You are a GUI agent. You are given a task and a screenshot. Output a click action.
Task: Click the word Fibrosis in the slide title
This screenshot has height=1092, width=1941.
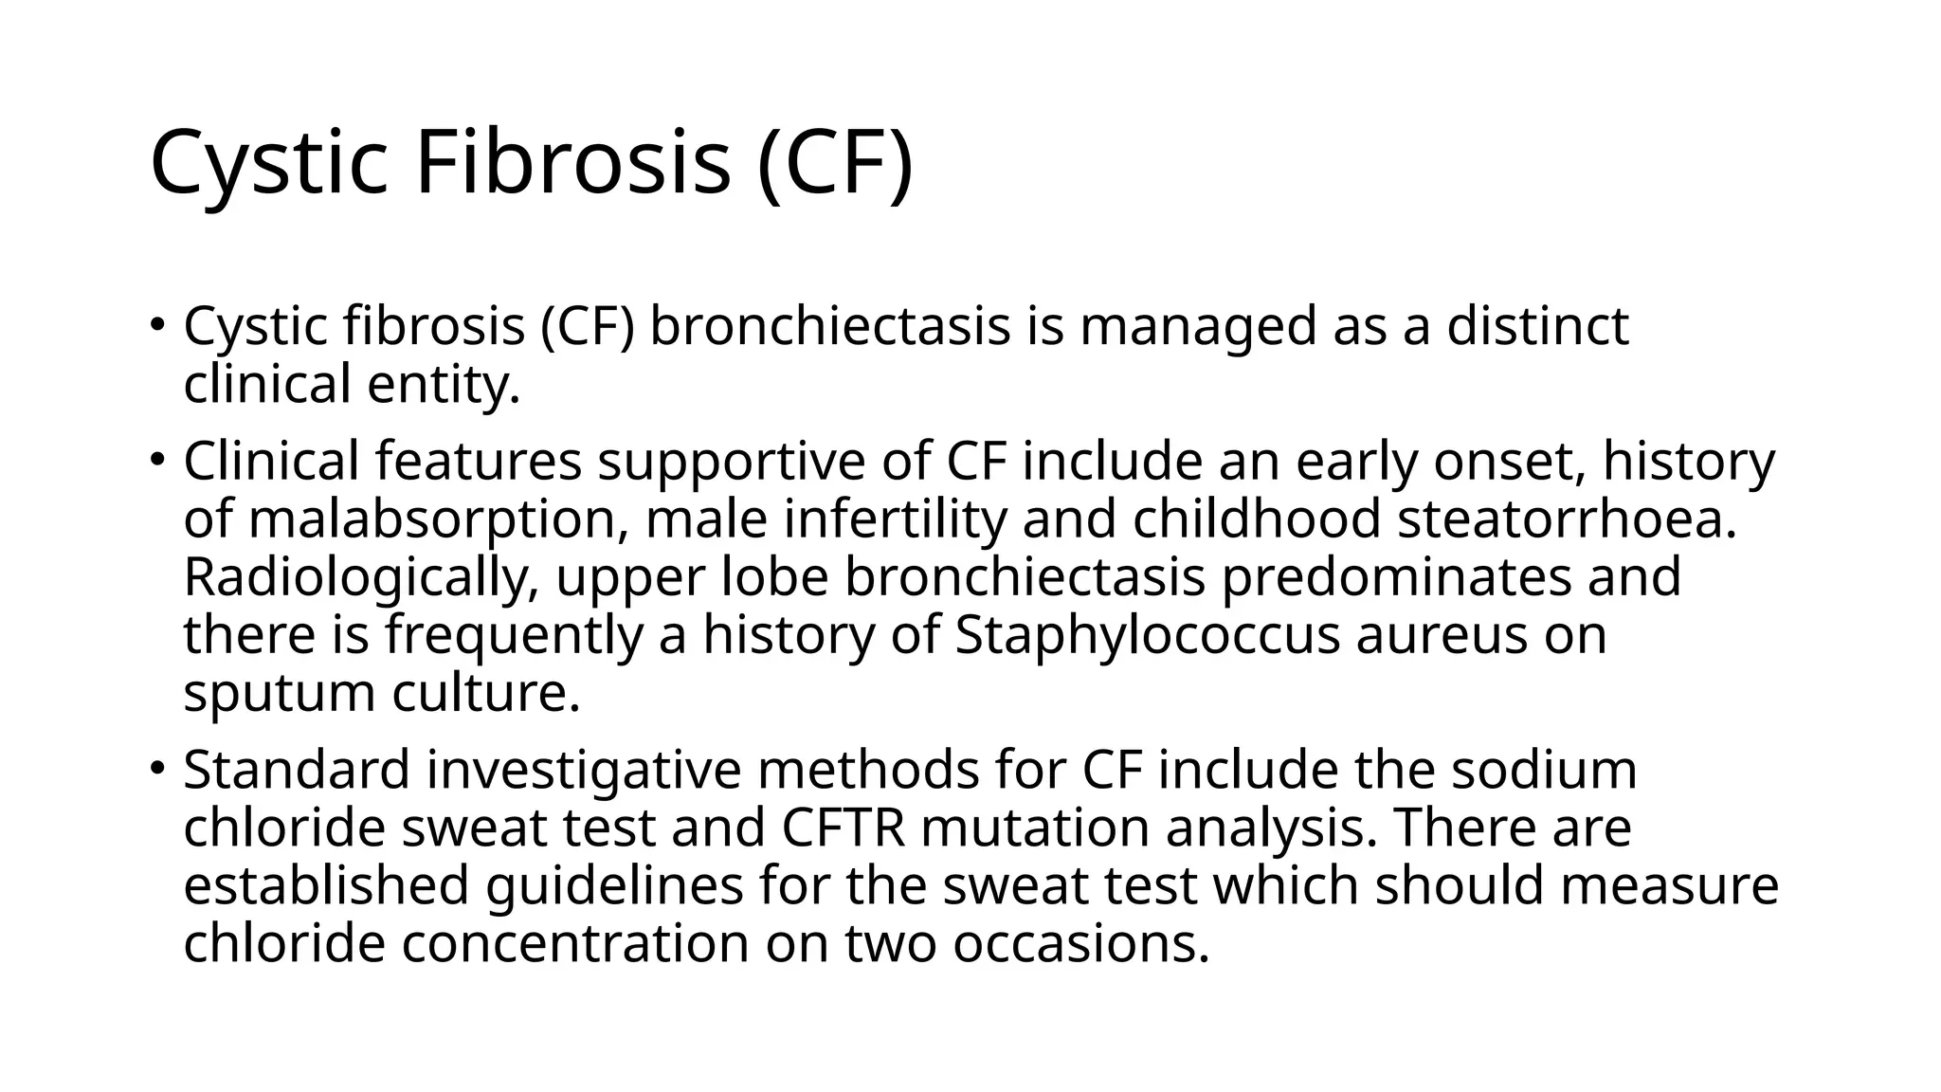(572, 163)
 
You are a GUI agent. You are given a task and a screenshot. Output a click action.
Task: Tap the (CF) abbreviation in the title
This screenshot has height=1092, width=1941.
(835, 163)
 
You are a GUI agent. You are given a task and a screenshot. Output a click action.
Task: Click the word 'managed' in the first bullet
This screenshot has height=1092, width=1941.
(1198, 326)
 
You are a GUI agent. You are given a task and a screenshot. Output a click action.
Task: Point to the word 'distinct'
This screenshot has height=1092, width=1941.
(1536, 326)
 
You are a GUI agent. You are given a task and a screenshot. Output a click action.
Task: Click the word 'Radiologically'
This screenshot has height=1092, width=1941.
(361, 578)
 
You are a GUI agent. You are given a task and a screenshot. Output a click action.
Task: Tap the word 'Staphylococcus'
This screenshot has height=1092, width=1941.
(1147, 635)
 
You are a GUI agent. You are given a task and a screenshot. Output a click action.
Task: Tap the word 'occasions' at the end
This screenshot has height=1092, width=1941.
(1080, 944)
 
